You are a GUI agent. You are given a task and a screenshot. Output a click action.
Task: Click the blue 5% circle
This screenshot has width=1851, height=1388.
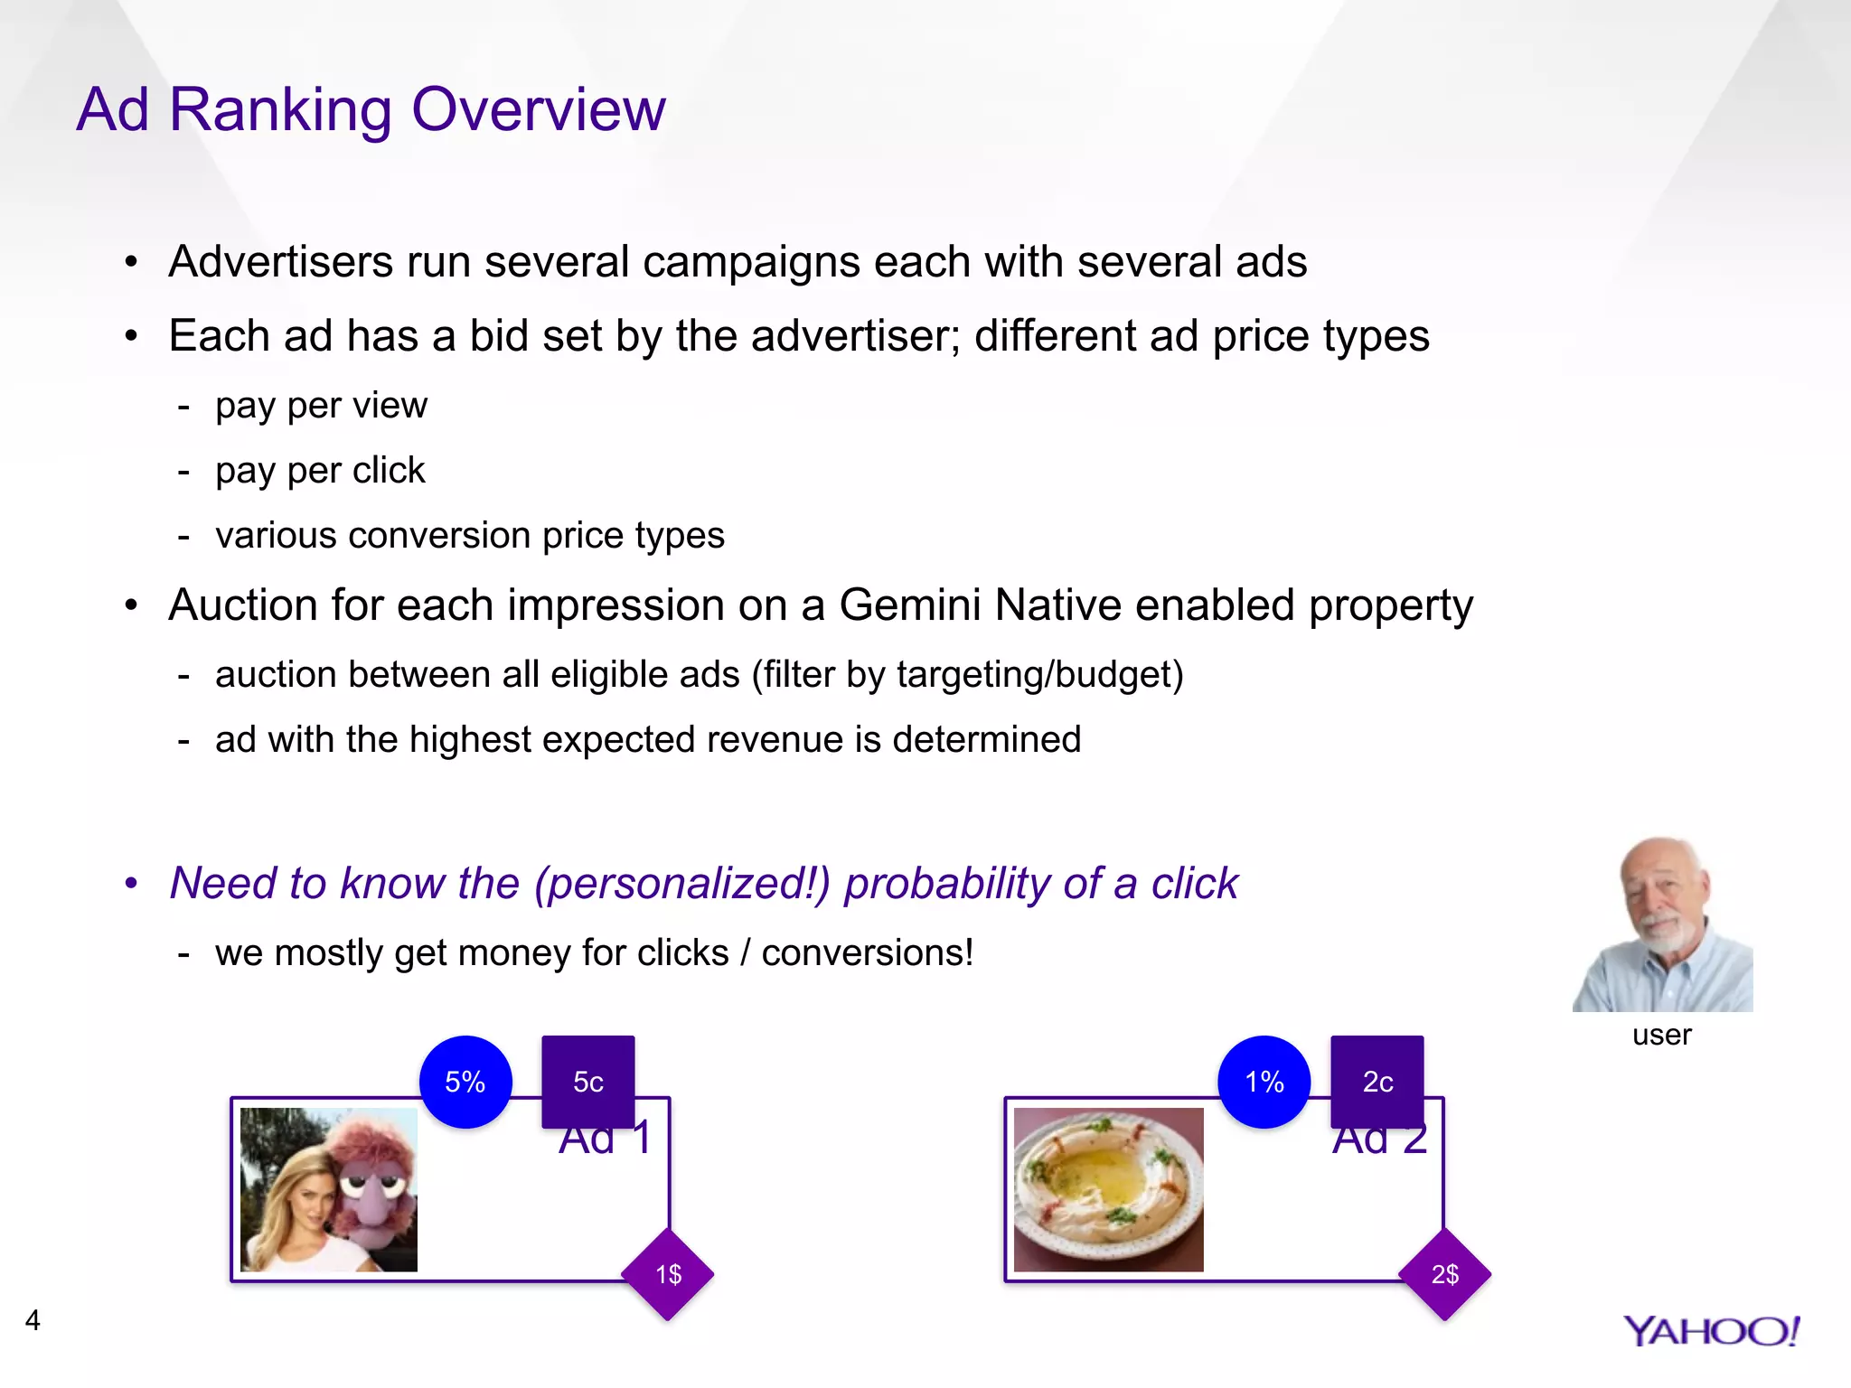coord(465,1082)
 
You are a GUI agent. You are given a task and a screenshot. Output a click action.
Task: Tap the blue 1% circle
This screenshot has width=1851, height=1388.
coord(1264,1082)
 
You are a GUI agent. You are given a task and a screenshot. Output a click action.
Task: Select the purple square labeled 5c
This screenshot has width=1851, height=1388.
coord(588,1081)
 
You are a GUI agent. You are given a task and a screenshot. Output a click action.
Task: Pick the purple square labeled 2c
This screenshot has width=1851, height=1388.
coord(1377,1081)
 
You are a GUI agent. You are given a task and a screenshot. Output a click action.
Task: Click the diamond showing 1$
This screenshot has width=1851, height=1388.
coord(668,1274)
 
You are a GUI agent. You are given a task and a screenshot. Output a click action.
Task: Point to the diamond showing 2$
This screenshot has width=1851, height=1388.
coord(1444,1274)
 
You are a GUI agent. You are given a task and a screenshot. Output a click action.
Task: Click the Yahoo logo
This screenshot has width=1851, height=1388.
coord(1711,1331)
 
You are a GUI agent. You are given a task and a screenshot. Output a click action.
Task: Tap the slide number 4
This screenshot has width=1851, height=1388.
coord(33,1320)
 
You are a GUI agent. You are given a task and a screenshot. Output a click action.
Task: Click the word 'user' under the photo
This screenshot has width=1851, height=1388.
coord(1661,1035)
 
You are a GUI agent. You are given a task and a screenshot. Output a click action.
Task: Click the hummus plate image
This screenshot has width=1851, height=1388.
coord(1108,1189)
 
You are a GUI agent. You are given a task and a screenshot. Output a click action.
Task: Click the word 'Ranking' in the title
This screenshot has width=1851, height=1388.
coord(289,110)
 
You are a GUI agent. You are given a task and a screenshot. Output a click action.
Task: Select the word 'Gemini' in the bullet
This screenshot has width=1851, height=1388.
coord(909,605)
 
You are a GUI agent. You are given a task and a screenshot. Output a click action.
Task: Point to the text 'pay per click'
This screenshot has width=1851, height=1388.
coord(320,471)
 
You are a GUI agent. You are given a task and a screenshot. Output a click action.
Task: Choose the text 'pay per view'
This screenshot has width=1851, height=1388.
coord(321,406)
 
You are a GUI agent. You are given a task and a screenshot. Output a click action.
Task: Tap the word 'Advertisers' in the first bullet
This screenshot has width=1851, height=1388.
coord(280,262)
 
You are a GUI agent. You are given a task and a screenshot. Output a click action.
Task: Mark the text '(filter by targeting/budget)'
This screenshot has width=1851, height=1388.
coord(967,675)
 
